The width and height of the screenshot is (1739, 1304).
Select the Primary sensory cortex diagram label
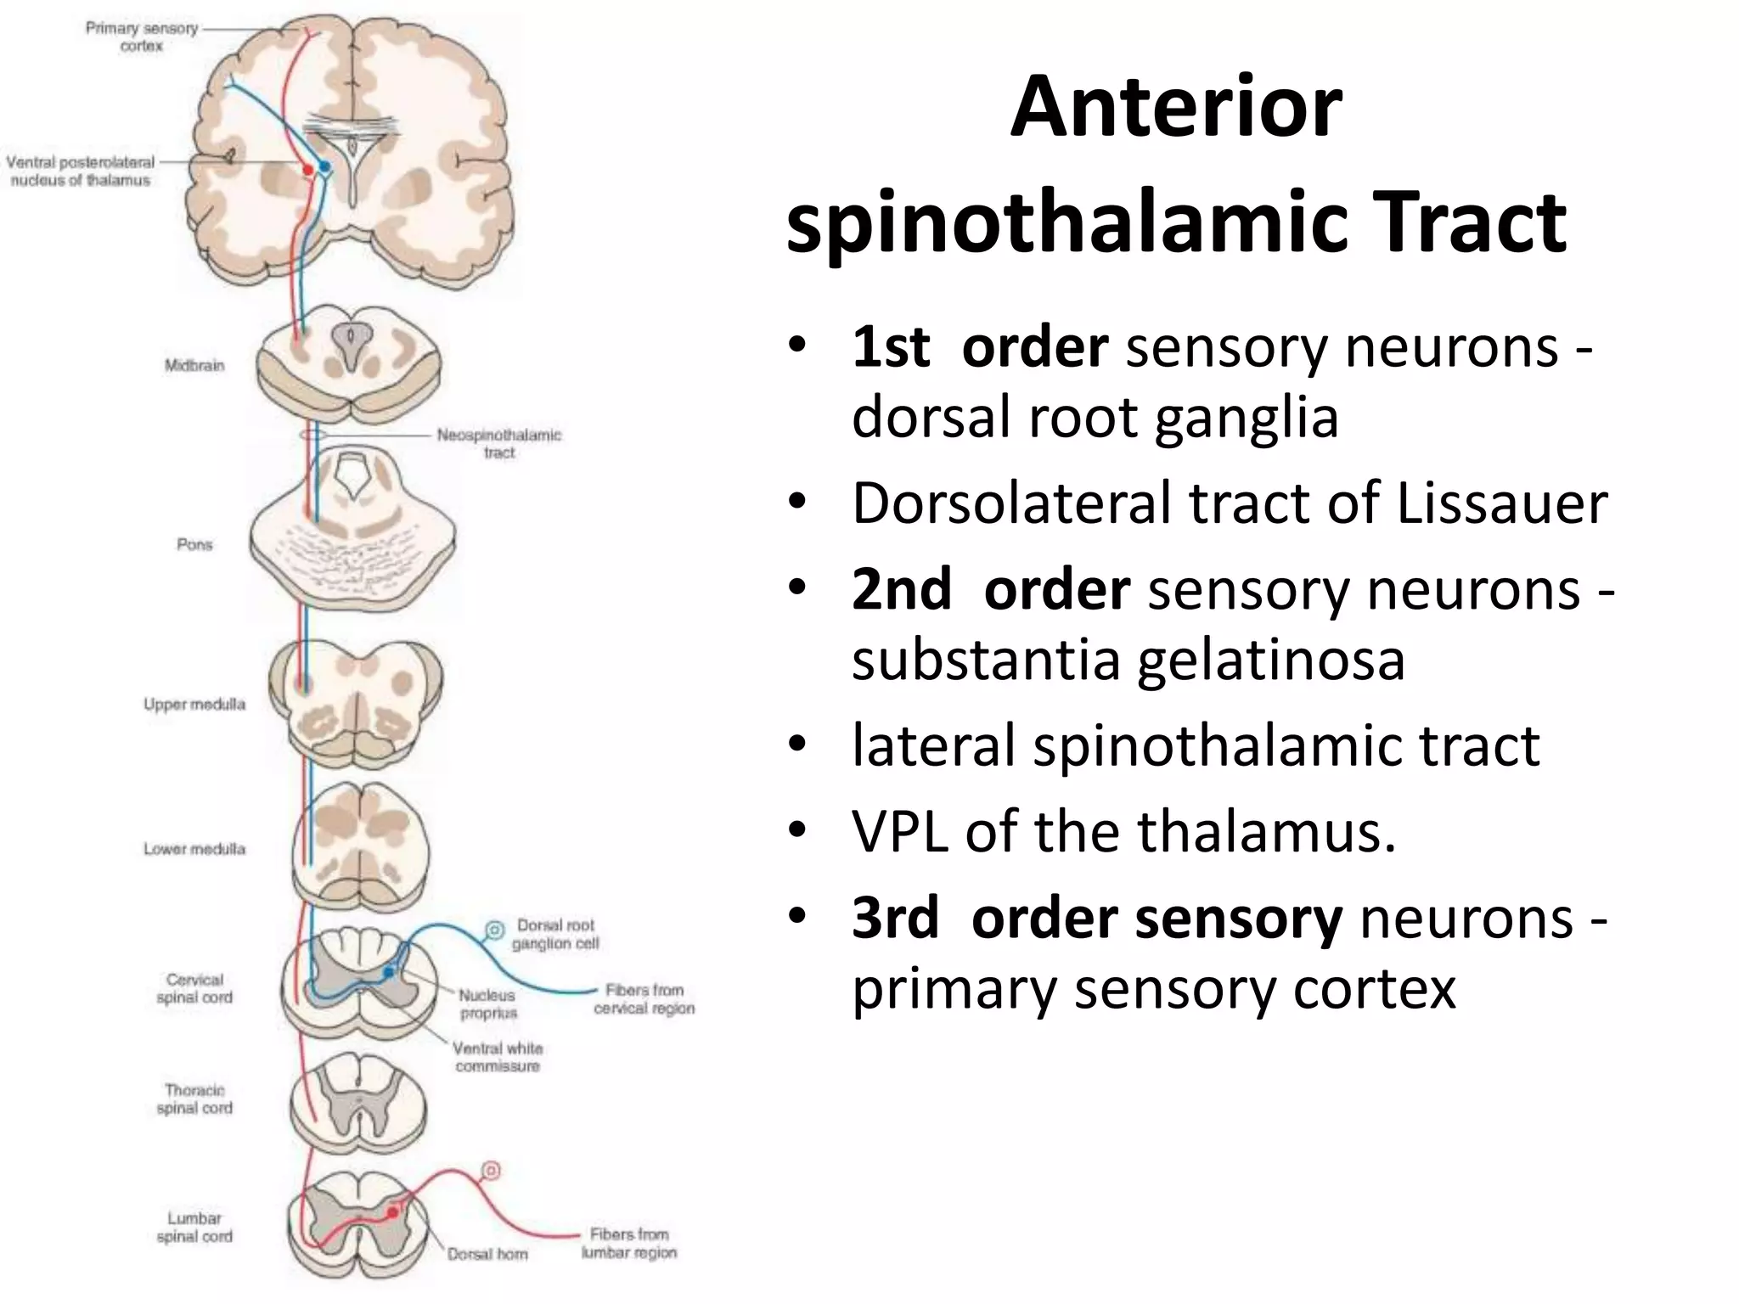coord(141,37)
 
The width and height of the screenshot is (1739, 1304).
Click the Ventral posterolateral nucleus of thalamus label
coord(81,171)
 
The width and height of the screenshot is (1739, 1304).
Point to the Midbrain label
coord(194,365)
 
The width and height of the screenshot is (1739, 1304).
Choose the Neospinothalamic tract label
coord(499,443)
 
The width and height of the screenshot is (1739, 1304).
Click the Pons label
coord(194,544)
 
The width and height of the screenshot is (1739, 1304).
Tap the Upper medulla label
coord(194,704)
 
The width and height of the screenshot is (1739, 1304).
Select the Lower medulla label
coord(194,848)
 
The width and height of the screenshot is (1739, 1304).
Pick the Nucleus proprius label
coord(487,1003)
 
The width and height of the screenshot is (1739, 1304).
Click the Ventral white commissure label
coord(498,1057)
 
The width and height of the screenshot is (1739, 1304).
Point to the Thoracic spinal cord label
coord(194,1099)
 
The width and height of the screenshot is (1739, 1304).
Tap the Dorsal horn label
coord(487,1254)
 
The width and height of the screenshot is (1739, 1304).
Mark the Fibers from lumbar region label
coord(629,1243)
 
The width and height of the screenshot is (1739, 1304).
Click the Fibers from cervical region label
coord(644,998)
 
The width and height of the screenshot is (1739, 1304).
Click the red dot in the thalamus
coord(308,170)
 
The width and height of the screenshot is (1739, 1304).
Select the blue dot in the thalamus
coord(324,166)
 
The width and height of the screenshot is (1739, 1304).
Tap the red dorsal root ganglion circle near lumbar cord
coord(491,1172)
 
